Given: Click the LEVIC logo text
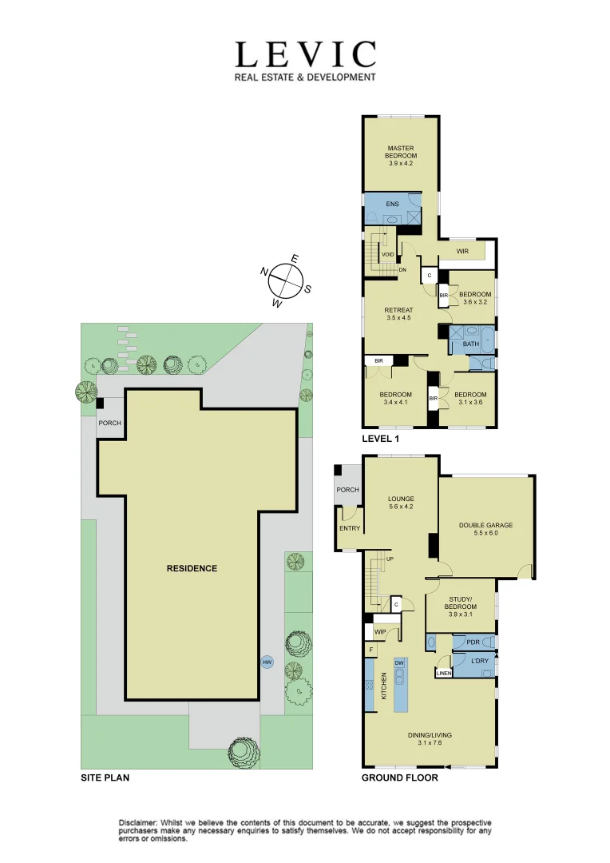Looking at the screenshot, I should click(304, 55).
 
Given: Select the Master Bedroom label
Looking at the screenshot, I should click(402, 156).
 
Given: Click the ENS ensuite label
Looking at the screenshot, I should click(391, 205).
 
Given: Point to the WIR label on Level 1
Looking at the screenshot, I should click(461, 252).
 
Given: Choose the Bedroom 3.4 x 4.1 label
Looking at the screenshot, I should click(394, 398).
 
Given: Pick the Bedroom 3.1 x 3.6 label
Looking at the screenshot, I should click(469, 398).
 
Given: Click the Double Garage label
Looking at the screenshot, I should click(485, 529).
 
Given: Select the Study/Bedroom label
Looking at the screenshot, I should click(460, 606).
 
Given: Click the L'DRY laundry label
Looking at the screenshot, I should click(479, 662).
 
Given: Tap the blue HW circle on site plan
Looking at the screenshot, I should click(267, 662).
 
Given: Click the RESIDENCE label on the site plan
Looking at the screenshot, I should click(192, 568).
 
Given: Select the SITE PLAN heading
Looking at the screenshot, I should click(105, 777).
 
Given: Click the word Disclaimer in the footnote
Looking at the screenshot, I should click(138, 822).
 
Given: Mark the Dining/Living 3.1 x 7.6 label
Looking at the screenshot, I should click(429, 738).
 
